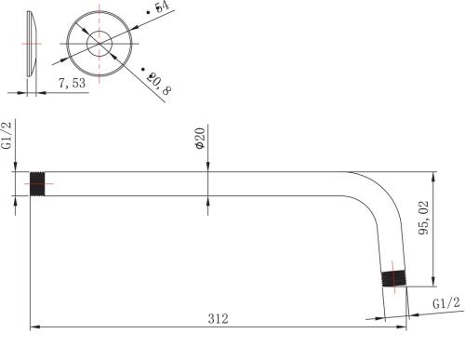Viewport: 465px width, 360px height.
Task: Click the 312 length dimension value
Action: pos(218,319)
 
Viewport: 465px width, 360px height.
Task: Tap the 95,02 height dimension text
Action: pos(424,218)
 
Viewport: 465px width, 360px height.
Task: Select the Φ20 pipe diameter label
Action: pos(201,139)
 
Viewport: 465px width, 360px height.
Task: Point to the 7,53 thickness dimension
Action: pos(72,83)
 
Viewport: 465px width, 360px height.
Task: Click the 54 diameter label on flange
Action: pos(162,7)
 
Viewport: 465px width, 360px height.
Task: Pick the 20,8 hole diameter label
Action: pos(158,84)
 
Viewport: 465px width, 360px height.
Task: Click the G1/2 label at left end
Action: pos(7,135)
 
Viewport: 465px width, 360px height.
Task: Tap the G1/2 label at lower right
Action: pos(446,302)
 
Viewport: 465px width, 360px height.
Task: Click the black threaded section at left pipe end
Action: pos(37,184)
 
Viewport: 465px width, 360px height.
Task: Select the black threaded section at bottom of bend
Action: pos(393,279)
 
